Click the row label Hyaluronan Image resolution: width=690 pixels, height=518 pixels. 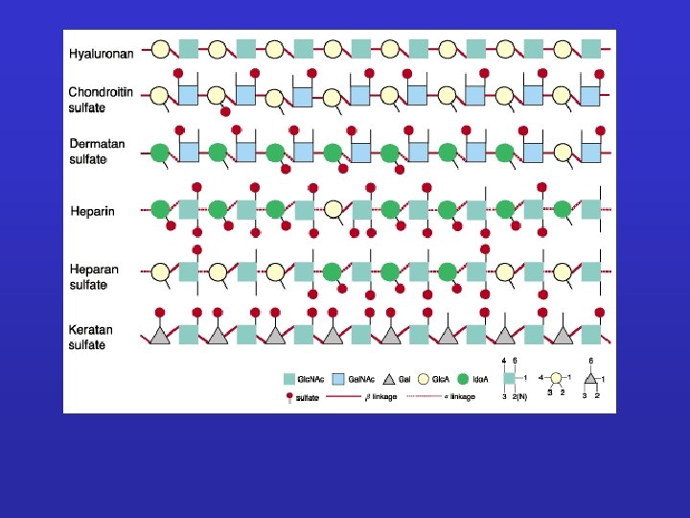tap(101, 54)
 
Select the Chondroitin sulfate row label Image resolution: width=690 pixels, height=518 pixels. tap(100, 100)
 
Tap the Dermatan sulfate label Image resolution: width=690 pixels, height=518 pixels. tap(97, 152)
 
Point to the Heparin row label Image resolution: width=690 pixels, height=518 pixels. tap(92, 210)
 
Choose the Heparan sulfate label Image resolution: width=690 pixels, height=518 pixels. tap(94, 277)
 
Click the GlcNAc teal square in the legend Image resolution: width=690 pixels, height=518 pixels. tap(289, 379)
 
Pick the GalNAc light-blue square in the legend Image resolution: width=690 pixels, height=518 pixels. tap(337, 379)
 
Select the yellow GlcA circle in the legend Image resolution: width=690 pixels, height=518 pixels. tap(424, 379)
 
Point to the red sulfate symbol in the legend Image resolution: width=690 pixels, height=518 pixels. tap(289, 396)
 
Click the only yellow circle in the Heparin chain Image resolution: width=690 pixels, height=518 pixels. tap(333, 208)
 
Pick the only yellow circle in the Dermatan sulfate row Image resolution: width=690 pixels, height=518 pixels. tap(563, 153)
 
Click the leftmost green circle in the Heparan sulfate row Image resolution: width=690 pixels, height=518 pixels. tap(333, 272)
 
